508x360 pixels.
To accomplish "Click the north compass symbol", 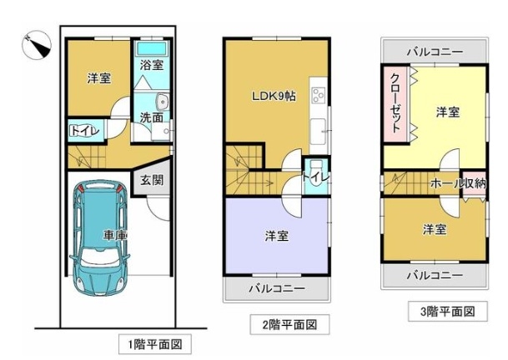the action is [37, 45].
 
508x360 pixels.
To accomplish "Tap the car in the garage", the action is [99, 238].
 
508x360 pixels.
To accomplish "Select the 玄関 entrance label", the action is [152, 180].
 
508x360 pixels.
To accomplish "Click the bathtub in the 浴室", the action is [152, 48].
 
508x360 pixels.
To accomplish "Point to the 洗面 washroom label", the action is [151, 117].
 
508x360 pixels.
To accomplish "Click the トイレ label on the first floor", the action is [84, 131].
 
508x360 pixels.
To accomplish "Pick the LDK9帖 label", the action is [274, 96].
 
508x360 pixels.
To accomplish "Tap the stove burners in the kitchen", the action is [319, 95].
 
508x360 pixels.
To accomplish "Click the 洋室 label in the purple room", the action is [277, 236].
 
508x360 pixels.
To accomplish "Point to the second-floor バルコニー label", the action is [277, 288].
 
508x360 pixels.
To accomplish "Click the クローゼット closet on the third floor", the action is [396, 103].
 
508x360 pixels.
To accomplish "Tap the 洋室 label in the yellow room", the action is [447, 112].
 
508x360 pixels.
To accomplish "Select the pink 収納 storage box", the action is [475, 183].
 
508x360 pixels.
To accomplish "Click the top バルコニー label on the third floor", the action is [435, 52].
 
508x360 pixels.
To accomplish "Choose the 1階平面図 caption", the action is [155, 344].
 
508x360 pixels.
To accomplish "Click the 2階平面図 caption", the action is [289, 324].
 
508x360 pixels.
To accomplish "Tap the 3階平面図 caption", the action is [448, 312].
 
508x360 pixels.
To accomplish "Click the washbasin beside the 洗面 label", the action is [162, 102].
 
